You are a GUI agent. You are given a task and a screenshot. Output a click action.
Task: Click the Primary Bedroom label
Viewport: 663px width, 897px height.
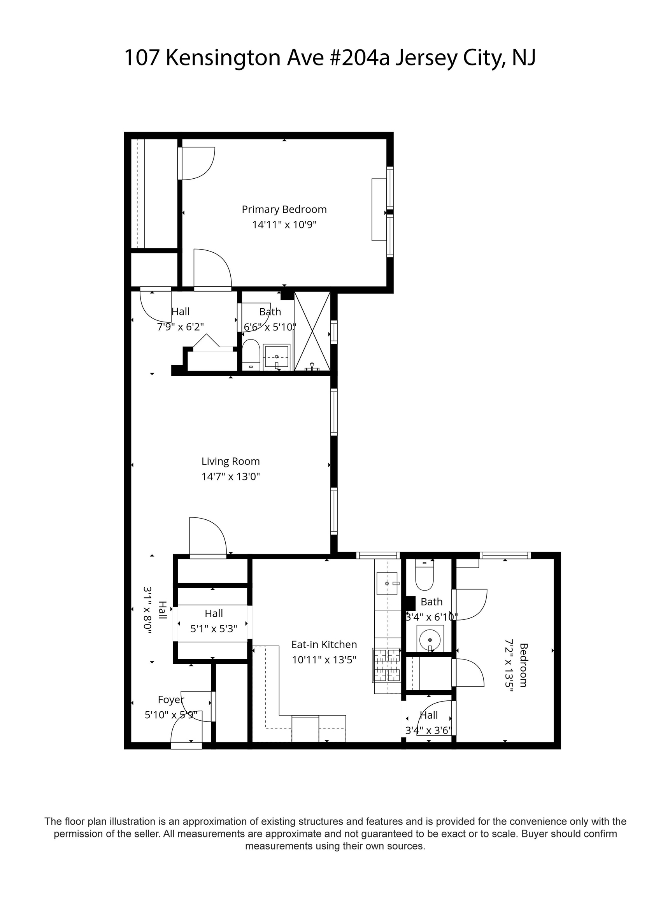[284, 209]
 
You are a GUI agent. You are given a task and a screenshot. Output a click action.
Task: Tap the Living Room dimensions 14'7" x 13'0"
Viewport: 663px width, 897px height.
[231, 477]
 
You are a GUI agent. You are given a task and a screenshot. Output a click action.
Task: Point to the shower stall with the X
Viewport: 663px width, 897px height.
[312, 331]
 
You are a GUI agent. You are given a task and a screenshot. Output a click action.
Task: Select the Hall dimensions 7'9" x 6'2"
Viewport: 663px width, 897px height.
[181, 327]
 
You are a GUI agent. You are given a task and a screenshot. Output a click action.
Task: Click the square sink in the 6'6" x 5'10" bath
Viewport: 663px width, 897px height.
[277, 357]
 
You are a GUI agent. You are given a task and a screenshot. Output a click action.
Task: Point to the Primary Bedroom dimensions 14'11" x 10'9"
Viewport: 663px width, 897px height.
[284, 225]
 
